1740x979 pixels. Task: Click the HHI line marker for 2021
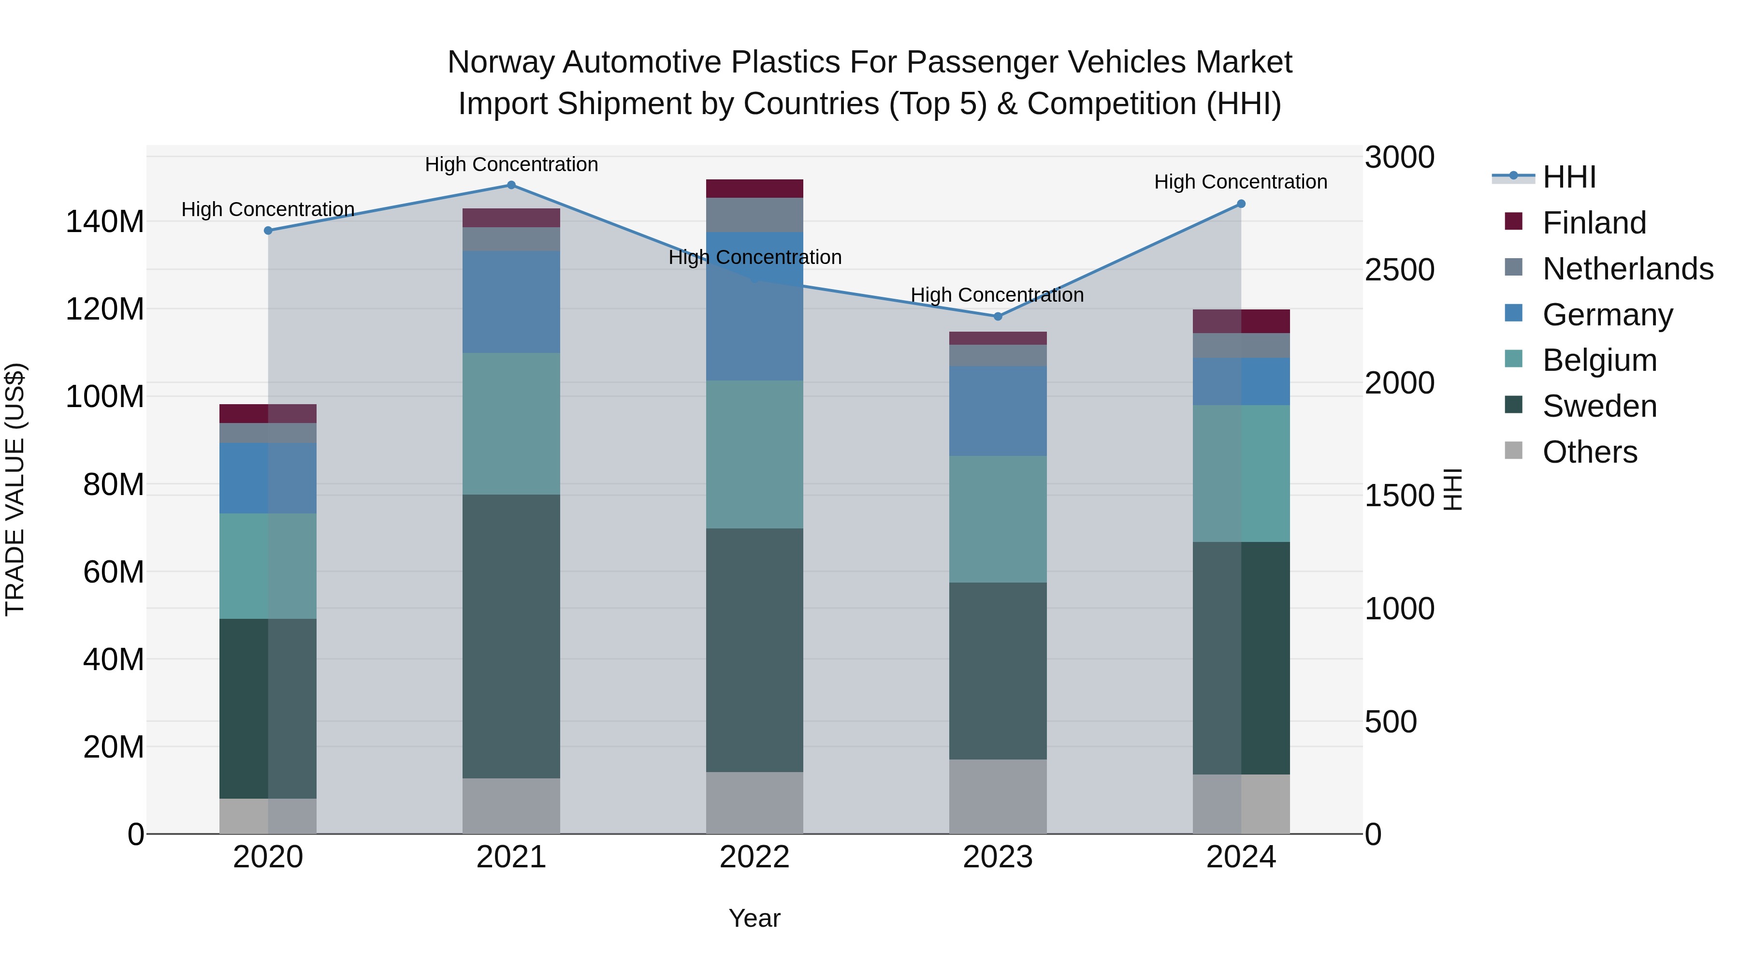click(511, 185)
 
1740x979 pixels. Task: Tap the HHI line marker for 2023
click(998, 316)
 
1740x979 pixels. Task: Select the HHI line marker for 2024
click(1241, 204)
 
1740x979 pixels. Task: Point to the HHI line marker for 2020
click(268, 231)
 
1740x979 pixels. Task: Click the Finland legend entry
click(1594, 223)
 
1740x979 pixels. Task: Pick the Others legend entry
click(1589, 452)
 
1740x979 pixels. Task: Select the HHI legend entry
click(1568, 177)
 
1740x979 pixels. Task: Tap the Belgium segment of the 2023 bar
click(998, 519)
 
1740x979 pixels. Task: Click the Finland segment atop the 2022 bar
click(754, 189)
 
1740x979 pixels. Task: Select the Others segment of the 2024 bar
click(1241, 804)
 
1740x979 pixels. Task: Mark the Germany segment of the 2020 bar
click(268, 478)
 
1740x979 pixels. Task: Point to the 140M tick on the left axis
click(105, 221)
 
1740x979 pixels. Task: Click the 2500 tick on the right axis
click(1399, 270)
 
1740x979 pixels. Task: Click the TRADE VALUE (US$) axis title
click(15, 489)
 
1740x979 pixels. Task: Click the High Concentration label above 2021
click(511, 164)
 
